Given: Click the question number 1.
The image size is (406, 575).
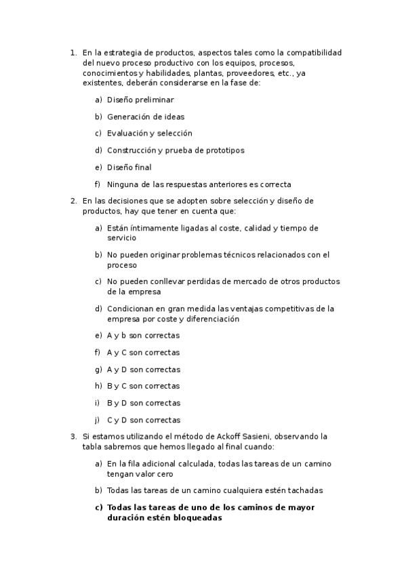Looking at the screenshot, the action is pyautogui.click(x=73, y=52).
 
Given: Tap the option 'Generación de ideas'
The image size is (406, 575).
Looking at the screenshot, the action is pyautogui.click(x=145, y=117).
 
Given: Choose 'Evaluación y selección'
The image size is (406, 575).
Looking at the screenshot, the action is pyautogui.click(x=149, y=134).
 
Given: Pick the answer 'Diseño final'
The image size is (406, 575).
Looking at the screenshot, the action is pyautogui.click(x=129, y=167).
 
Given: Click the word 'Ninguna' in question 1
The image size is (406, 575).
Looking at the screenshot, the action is pyautogui.click(x=123, y=184).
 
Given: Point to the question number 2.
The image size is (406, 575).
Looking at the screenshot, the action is pyautogui.click(x=73, y=201).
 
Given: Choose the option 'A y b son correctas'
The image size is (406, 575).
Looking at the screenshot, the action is pyautogui.click(x=143, y=336).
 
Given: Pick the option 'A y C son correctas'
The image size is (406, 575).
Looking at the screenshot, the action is pyautogui.click(x=143, y=353).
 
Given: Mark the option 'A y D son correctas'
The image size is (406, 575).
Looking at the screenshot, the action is pyautogui.click(x=143, y=370).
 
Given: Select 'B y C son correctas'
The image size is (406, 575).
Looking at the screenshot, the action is pyautogui.click(x=143, y=386).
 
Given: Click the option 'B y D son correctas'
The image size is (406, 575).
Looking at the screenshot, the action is pyautogui.click(x=143, y=403).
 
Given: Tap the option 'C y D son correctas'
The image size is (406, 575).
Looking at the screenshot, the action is pyautogui.click(x=143, y=420).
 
